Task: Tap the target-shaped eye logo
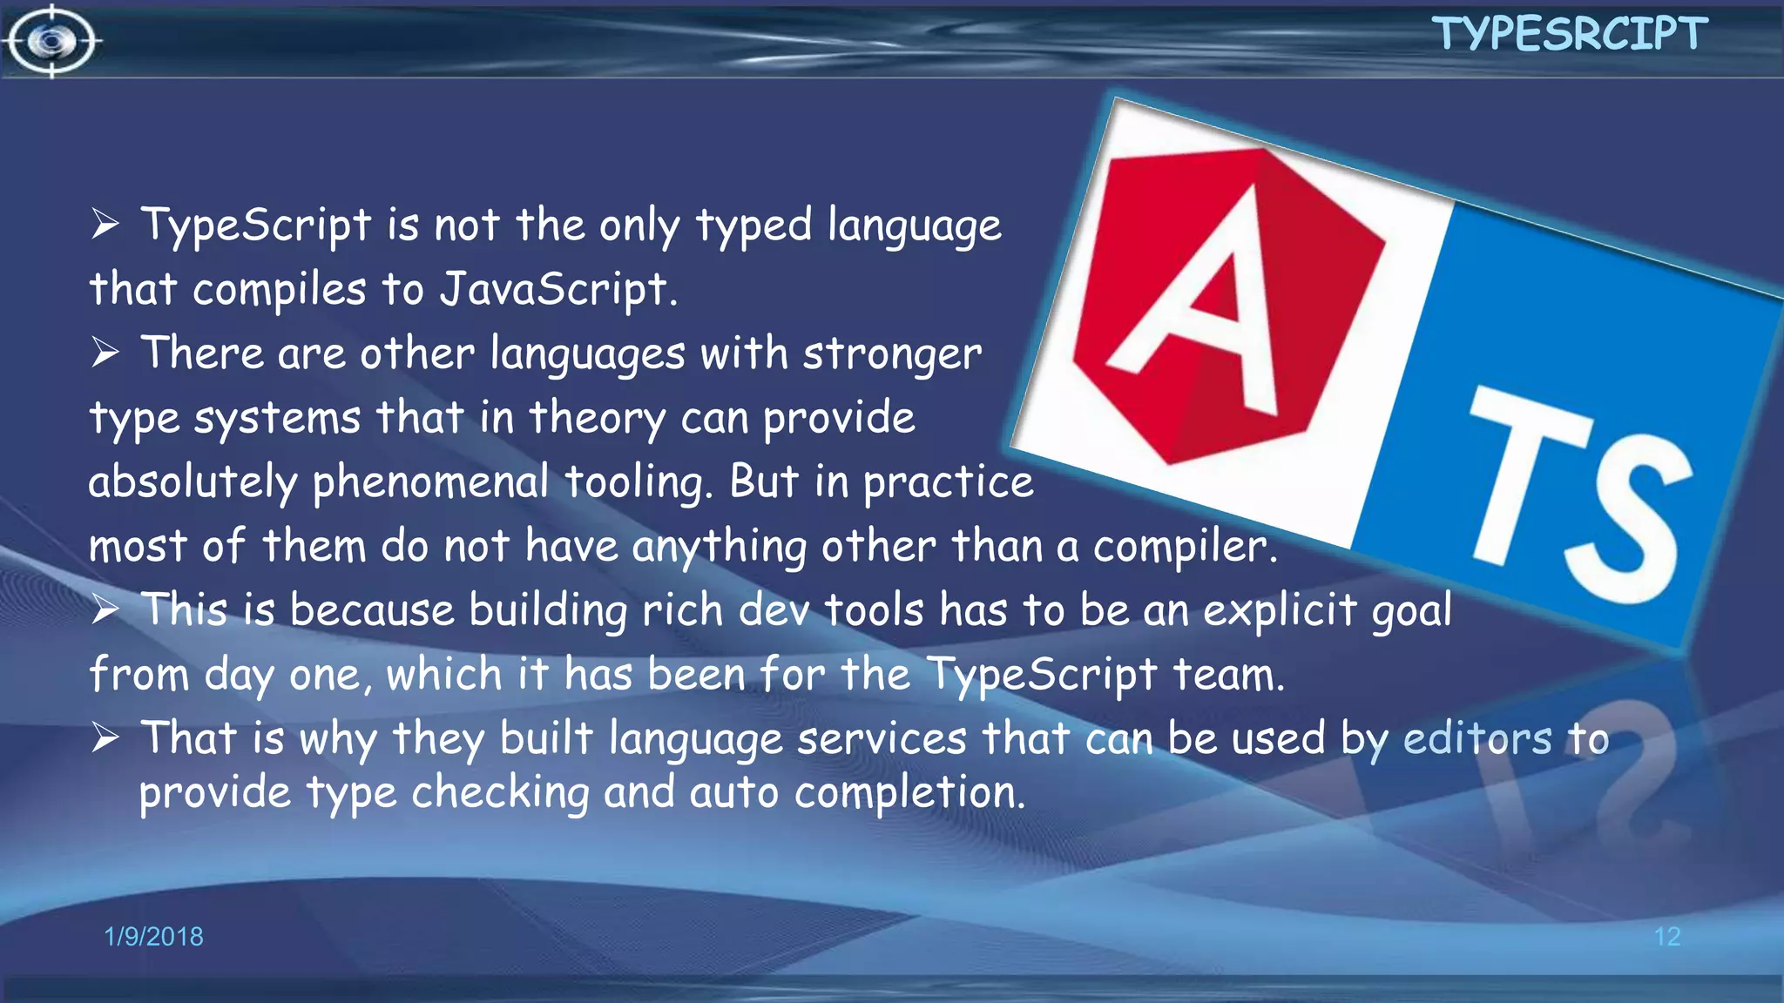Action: [x=52, y=41]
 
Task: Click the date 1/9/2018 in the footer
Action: [x=153, y=936]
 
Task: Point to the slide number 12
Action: [x=1666, y=936]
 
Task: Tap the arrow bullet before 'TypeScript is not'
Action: [x=105, y=225]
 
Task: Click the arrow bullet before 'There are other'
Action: [x=105, y=353]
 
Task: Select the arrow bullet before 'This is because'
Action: [x=105, y=609]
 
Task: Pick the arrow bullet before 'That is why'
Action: [x=105, y=738]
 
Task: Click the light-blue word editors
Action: [x=1477, y=738]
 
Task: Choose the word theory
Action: [x=597, y=418]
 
